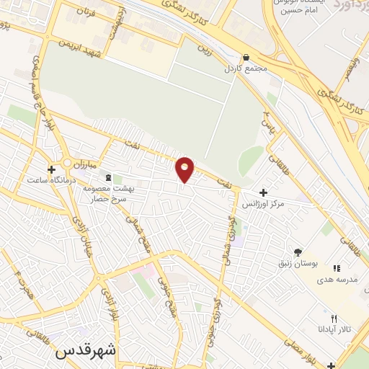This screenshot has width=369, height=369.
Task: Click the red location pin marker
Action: point(185,169)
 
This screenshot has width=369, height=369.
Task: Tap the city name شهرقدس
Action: point(86,352)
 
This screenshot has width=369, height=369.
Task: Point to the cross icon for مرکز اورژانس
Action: point(263,192)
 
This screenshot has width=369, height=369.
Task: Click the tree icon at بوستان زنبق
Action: point(297,252)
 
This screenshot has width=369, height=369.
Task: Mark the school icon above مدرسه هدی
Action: point(336,268)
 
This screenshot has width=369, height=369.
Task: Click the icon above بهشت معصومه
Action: point(109,177)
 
